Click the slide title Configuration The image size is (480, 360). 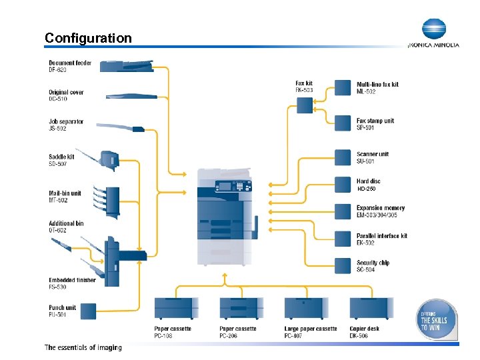click(88, 38)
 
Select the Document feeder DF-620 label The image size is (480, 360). click(70, 67)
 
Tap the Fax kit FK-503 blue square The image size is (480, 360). click(304, 105)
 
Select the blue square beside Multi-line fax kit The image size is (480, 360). click(343, 87)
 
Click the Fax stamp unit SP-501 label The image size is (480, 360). click(375, 124)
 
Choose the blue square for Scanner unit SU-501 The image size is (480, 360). click(343, 157)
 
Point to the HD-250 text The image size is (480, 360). click(367, 189)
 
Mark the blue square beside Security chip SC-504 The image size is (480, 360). click(343, 266)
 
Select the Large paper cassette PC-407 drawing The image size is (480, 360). click(306, 308)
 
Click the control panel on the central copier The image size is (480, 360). click(227, 186)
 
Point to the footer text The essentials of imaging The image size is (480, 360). click(83, 347)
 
